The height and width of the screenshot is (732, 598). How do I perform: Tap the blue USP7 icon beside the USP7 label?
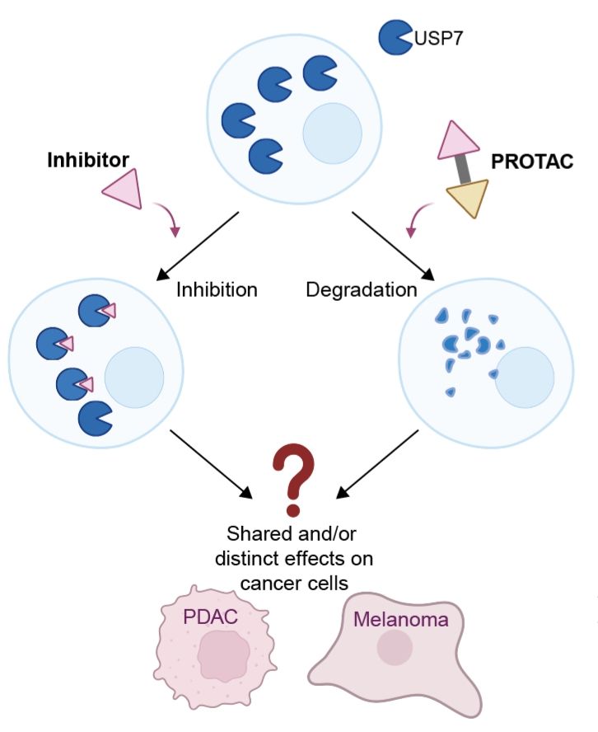click(x=395, y=38)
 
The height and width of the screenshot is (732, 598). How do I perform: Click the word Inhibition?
click(x=217, y=290)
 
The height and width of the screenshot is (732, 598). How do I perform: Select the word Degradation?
click(x=361, y=290)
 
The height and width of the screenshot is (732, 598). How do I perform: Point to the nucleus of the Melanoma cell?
click(x=395, y=648)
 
